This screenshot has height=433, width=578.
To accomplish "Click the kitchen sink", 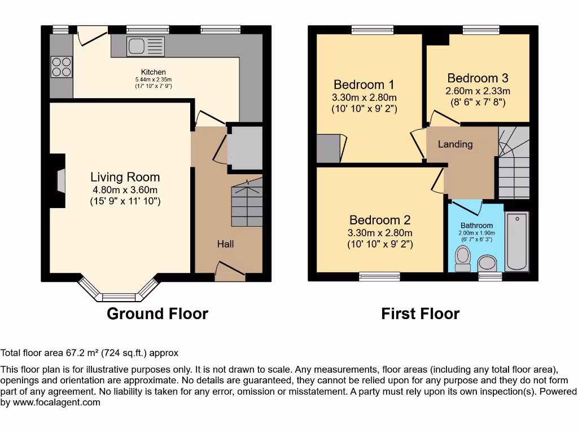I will pos(146,46).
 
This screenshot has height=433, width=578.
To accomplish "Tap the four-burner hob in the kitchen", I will pos(62,67).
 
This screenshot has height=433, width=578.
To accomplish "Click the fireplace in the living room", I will pos(61,182).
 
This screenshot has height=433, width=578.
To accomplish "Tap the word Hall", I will pos(225,244).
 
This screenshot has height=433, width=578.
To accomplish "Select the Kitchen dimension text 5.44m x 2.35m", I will pos(153,79).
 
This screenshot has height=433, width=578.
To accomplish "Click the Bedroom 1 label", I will pos(364,85).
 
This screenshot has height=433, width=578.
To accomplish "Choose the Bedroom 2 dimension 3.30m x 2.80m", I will pos(379,233).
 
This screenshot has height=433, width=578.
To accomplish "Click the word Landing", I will pos(455,144).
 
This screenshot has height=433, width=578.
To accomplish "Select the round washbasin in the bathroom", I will pos(486,262).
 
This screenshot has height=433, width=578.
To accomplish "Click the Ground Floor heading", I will pos(157,313).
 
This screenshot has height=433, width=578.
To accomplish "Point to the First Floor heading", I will pos(420,313).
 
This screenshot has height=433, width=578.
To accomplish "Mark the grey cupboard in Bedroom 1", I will pos(328,149).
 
